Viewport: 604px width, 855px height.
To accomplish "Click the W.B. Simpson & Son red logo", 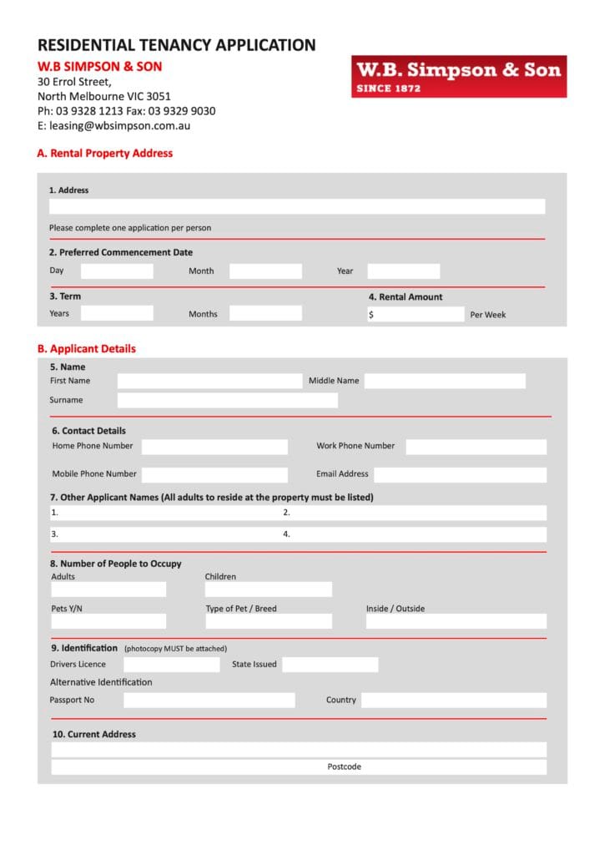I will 459,77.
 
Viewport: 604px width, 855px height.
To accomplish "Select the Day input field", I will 117,271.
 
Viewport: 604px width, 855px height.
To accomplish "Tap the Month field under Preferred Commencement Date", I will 265,271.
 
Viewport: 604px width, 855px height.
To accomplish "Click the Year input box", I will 403,271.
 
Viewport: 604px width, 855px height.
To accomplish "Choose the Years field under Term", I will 117,314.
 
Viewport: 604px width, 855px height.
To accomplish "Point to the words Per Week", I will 488,315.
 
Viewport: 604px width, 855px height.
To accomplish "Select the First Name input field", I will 209,381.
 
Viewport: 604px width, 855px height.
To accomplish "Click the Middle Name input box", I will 445,381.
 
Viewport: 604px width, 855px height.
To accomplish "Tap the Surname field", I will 227,401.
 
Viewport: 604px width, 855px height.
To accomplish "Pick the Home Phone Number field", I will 214,447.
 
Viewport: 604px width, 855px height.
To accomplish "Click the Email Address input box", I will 460,474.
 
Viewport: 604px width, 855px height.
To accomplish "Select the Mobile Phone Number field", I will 214,474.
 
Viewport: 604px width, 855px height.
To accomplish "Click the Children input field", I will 269,589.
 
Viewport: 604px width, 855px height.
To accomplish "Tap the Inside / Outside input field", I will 456,621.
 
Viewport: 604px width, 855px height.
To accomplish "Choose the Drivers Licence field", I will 171,665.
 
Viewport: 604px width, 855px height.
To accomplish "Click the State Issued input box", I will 330,665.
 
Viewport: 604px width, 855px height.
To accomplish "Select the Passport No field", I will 209,701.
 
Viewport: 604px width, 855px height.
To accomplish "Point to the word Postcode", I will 345,766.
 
